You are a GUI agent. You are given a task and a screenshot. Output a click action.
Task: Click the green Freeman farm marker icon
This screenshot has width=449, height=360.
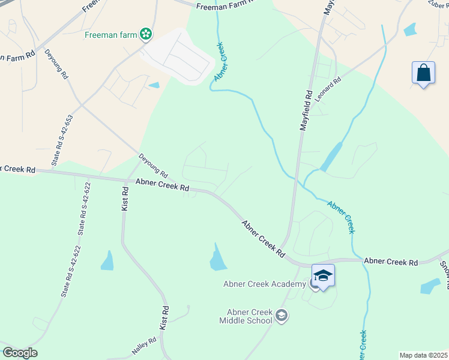[x=145, y=34]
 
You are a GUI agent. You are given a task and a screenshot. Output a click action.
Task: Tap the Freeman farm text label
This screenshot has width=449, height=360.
[x=110, y=34]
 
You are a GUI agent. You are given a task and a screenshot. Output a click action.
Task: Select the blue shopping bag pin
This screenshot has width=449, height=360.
[x=423, y=73]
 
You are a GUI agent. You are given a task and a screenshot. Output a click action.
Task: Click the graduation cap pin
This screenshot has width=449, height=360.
[x=323, y=276]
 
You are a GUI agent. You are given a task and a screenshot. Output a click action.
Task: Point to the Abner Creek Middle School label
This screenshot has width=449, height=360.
[x=249, y=316]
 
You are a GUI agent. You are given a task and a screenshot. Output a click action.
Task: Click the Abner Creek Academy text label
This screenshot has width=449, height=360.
[x=266, y=284]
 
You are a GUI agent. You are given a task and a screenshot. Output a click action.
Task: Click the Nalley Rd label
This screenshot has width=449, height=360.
[x=144, y=346]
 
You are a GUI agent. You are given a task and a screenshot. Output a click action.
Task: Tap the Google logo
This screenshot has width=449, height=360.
[x=20, y=353]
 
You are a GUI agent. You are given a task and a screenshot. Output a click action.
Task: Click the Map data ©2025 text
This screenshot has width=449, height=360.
[x=423, y=355]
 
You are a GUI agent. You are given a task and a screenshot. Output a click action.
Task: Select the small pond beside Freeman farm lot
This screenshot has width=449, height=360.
[x=154, y=85]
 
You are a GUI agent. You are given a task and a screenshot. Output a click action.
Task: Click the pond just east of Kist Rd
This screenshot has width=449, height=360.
[x=107, y=261]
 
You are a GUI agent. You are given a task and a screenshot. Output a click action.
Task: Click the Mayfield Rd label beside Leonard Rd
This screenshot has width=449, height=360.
[x=307, y=111]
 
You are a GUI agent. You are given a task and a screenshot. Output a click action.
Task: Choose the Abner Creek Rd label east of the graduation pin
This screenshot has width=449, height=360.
[x=391, y=262]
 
